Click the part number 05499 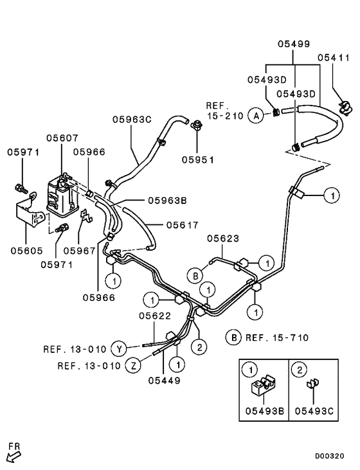coord(294,44)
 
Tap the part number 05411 coord(333,57)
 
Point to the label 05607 coord(62,138)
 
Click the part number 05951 coord(197,159)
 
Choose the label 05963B coord(167,200)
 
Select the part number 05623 coord(223,239)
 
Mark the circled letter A coord(239,116)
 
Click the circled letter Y coord(118,349)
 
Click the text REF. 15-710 coord(274,337)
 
